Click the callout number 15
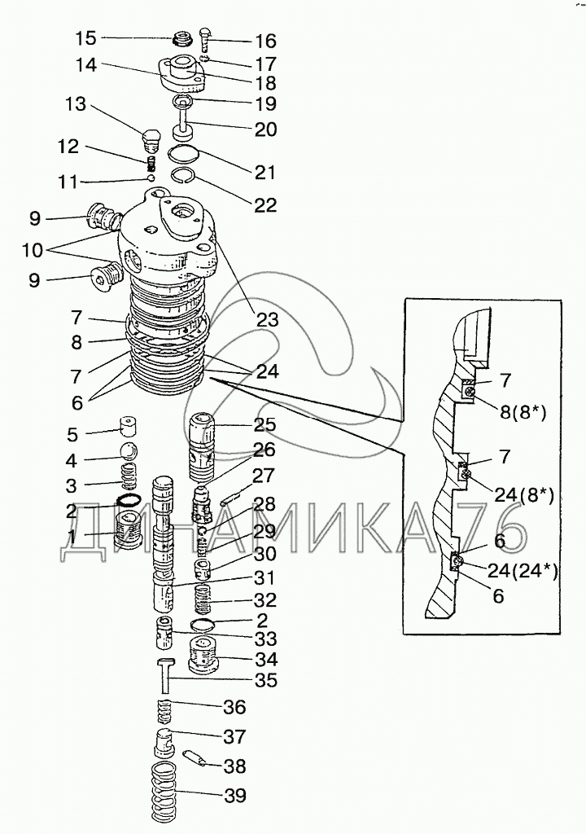tap(85, 38)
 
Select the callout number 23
tap(268, 319)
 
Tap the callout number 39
tap(234, 796)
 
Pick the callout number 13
tap(75, 103)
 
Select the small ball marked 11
tap(151, 177)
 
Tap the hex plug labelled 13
tap(151, 137)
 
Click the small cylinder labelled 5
tap(128, 425)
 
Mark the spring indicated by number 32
tap(203, 599)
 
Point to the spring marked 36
tap(164, 711)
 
